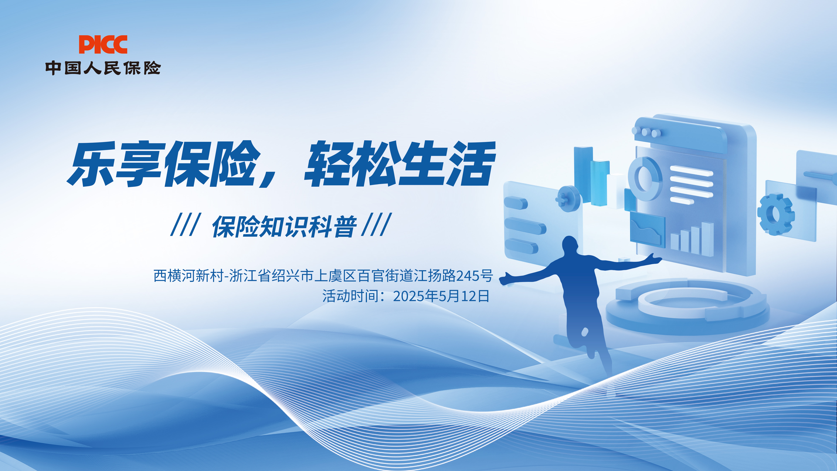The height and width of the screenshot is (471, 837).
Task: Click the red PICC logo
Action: point(103,44)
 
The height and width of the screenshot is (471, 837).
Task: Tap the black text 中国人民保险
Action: point(103,68)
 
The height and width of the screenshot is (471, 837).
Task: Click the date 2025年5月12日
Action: point(441,296)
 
